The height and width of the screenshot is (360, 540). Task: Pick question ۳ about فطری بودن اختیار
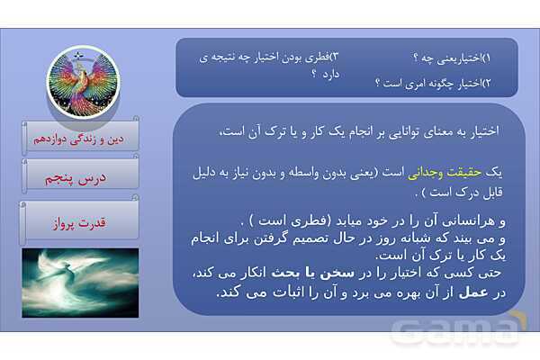(270, 58)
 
